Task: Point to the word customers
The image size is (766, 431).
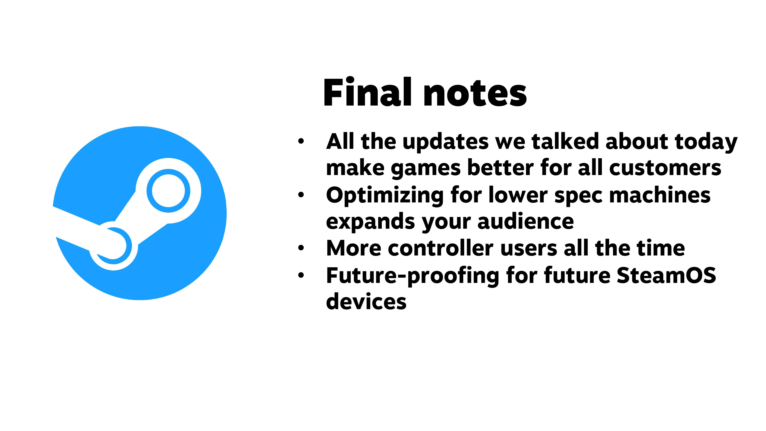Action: click(x=665, y=168)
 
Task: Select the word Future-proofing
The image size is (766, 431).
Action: click(x=413, y=276)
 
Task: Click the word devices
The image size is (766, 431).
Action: click(x=366, y=301)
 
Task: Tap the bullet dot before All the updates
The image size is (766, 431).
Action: click(x=301, y=141)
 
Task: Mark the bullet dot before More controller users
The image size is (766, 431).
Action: click(x=301, y=248)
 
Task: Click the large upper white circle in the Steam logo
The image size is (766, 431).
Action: click(x=168, y=191)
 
